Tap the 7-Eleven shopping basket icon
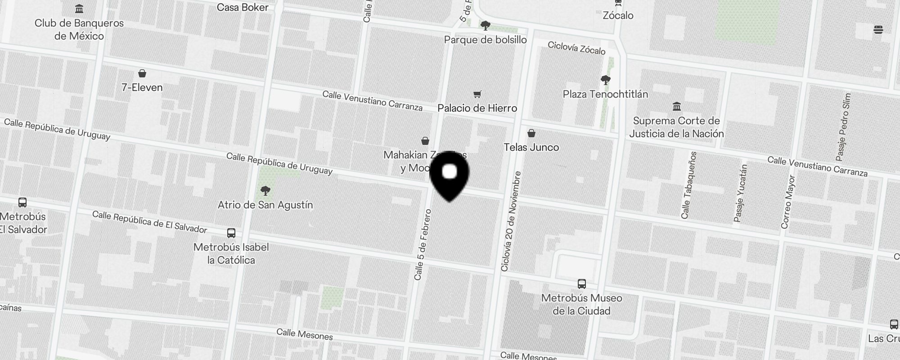coord(142,73)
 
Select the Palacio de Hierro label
coord(477,108)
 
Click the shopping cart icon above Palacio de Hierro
coord(477,94)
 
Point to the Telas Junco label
coord(531,147)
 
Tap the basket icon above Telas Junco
coord(531,133)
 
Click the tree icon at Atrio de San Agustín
coord(265,191)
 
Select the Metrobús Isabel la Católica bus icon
coord(231,233)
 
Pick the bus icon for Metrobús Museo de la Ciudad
coord(581,284)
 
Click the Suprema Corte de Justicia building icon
coord(676,107)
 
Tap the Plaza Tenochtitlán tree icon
coord(606,81)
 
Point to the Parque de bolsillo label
coord(485,40)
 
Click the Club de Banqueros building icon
coord(80,9)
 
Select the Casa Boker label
coord(243,7)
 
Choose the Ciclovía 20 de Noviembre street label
coord(511,221)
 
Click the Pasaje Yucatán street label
coord(740,193)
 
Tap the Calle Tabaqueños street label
coord(689,185)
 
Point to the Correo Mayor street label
coord(788,202)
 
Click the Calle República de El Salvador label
coord(149,222)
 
